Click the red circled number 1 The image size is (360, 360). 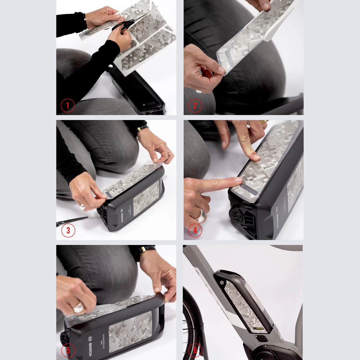67,105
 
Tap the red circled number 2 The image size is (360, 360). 195,105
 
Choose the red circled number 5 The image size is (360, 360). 68,350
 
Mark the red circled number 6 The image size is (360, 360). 195,350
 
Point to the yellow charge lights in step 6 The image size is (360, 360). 260,329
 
